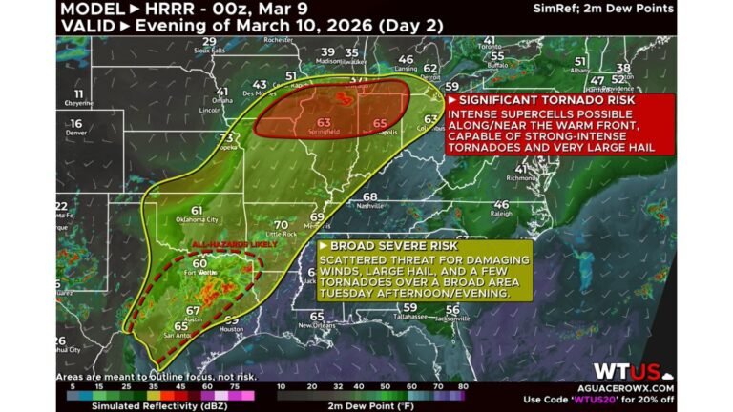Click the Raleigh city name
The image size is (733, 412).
point(500,214)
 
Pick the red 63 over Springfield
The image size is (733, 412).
point(325,122)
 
